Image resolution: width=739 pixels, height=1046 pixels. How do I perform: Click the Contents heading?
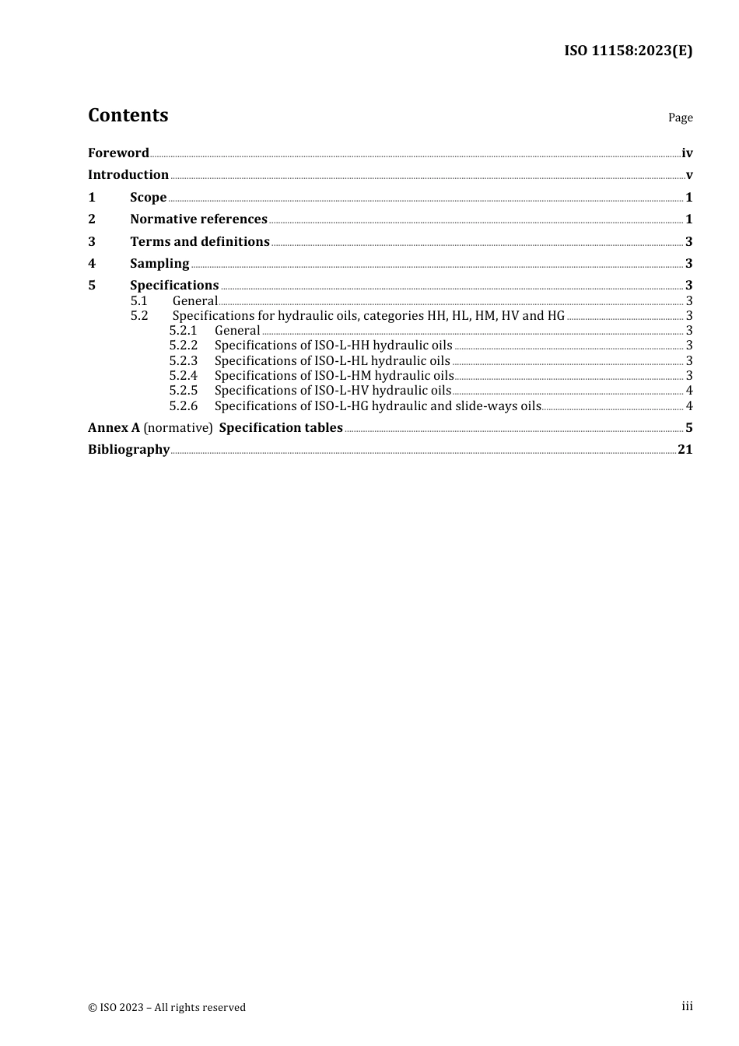pyautogui.click(x=128, y=115)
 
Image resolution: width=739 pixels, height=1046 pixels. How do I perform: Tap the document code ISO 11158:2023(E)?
pyautogui.click(x=628, y=51)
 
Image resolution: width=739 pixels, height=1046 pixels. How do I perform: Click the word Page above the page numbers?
pyautogui.click(x=680, y=118)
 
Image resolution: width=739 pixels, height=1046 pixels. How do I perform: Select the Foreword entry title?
pyautogui.click(x=118, y=153)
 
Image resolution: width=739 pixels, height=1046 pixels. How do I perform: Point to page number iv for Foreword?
pyautogui.click(x=687, y=153)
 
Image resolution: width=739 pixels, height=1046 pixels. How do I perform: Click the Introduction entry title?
pyautogui.click(x=128, y=175)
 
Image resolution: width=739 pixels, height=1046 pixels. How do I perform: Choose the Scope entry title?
pyautogui.click(x=148, y=198)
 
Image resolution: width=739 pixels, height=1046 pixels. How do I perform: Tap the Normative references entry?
pyautogui.click(x=198, y=219)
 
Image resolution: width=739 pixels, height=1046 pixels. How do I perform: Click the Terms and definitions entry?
pyautogui.click(x=200, y=242)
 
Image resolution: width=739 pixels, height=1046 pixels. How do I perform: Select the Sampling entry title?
pyautogui.click(x=159, y=264)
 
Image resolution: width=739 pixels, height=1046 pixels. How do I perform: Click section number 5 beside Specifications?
pyautogui.click(x=92, y=286)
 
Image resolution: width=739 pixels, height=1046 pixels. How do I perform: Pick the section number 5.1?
pyautogui.click(x=139, y=301)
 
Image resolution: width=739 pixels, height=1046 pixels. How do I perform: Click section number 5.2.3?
pyautogui.click(x=184, y=361)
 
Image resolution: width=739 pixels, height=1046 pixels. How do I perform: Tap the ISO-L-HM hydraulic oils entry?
pyautogui.click(x=334, y=376)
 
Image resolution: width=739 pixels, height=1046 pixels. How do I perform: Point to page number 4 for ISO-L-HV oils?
pyautogui.click(x=689, y=391)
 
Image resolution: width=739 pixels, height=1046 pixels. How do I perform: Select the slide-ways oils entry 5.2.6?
pyautogui.click(x=377, y=406)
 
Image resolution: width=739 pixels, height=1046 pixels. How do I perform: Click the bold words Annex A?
pyautogui.click(x=114, y=428)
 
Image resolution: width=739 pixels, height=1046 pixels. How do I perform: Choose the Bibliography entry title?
pyautogui.click(x=128, y=450)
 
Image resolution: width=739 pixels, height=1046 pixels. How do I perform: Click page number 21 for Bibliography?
pyautogui.click(x=685, y=450)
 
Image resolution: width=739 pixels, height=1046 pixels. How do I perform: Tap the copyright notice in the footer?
pyautogui.click(x=166, y=1007)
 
